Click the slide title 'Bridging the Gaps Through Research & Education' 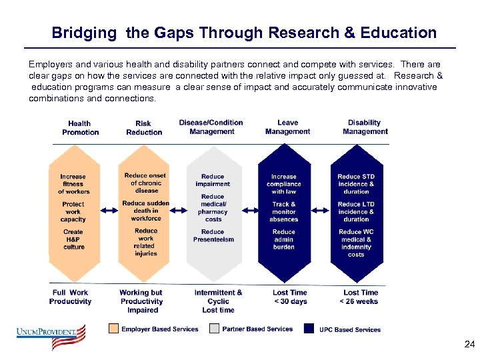point(244,33)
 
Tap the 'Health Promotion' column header point(80,127)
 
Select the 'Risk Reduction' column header point(144,127)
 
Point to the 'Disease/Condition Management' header point(211,127)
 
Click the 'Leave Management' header point(287,127)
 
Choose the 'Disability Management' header point(365,127)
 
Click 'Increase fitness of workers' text point(73,184)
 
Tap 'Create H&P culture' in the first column point(73,239)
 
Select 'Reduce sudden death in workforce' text point(145,211)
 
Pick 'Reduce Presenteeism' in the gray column point(213,235)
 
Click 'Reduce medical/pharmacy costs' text point(213,207)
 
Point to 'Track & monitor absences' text point(284,211)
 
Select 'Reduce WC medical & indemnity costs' point(356,243)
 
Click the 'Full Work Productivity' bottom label point(70,297)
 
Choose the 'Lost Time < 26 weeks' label point(360,297)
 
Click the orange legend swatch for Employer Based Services point(113,329)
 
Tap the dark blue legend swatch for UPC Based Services point(309,329)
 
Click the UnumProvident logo point(52,336)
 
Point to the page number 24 point(469,345)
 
